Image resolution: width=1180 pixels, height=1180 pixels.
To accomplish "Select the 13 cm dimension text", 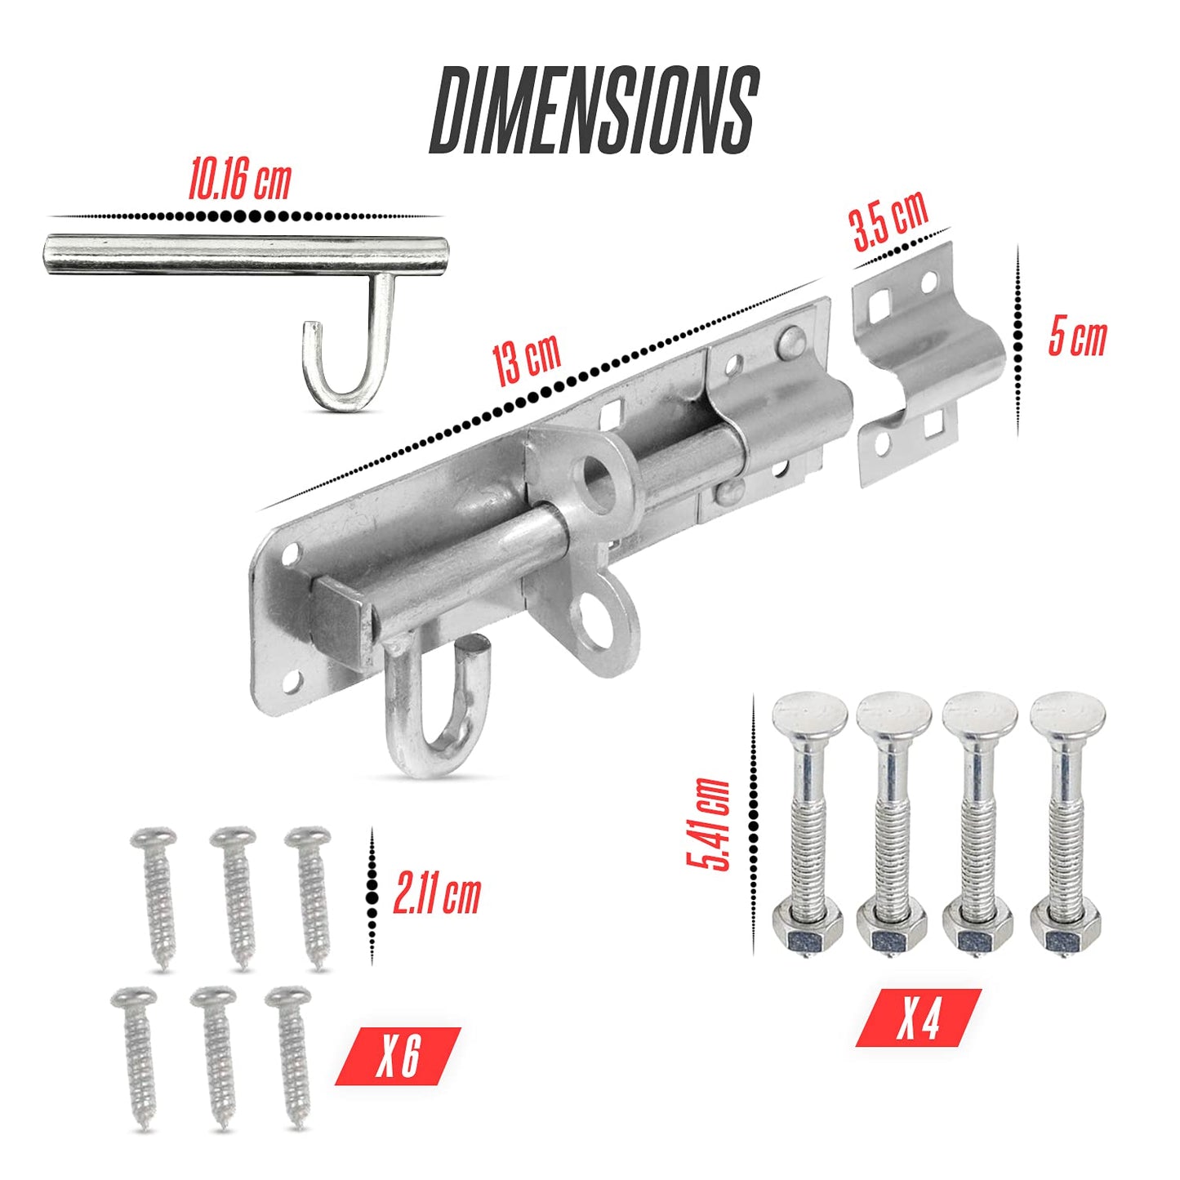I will click(x=527, y=359).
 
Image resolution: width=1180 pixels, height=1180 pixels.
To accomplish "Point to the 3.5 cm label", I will click(x=890, y=221).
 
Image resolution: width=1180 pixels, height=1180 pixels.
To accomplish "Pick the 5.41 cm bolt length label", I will click(x=708, y=825).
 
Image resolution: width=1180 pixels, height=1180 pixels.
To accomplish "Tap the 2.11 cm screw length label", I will click(x=436, y=896).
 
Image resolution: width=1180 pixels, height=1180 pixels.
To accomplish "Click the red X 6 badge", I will click(x=399, y=1055).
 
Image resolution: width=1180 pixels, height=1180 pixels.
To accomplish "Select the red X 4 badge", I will click(x=919, y=1017).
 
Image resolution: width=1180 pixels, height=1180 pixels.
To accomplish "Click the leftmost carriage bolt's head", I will click(x=809, y=715).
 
